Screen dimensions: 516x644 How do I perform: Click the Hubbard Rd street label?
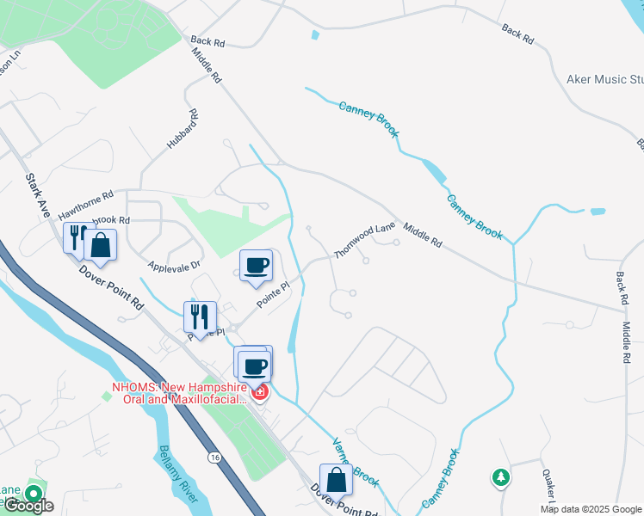pos(182,130)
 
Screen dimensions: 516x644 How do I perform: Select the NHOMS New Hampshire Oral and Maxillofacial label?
pos(179,393)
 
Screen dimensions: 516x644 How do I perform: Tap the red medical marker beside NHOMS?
pos(258,394)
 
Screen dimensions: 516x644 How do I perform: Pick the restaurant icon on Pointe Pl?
pos(200,316)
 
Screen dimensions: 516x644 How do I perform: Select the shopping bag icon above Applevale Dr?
pos(101,244)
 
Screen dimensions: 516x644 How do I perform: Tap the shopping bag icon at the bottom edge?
pos(335,479)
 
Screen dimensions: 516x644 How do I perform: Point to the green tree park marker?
pos(500,476)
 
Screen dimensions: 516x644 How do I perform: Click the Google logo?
pos(28,506)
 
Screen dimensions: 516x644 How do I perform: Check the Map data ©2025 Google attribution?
pos(591,509)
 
